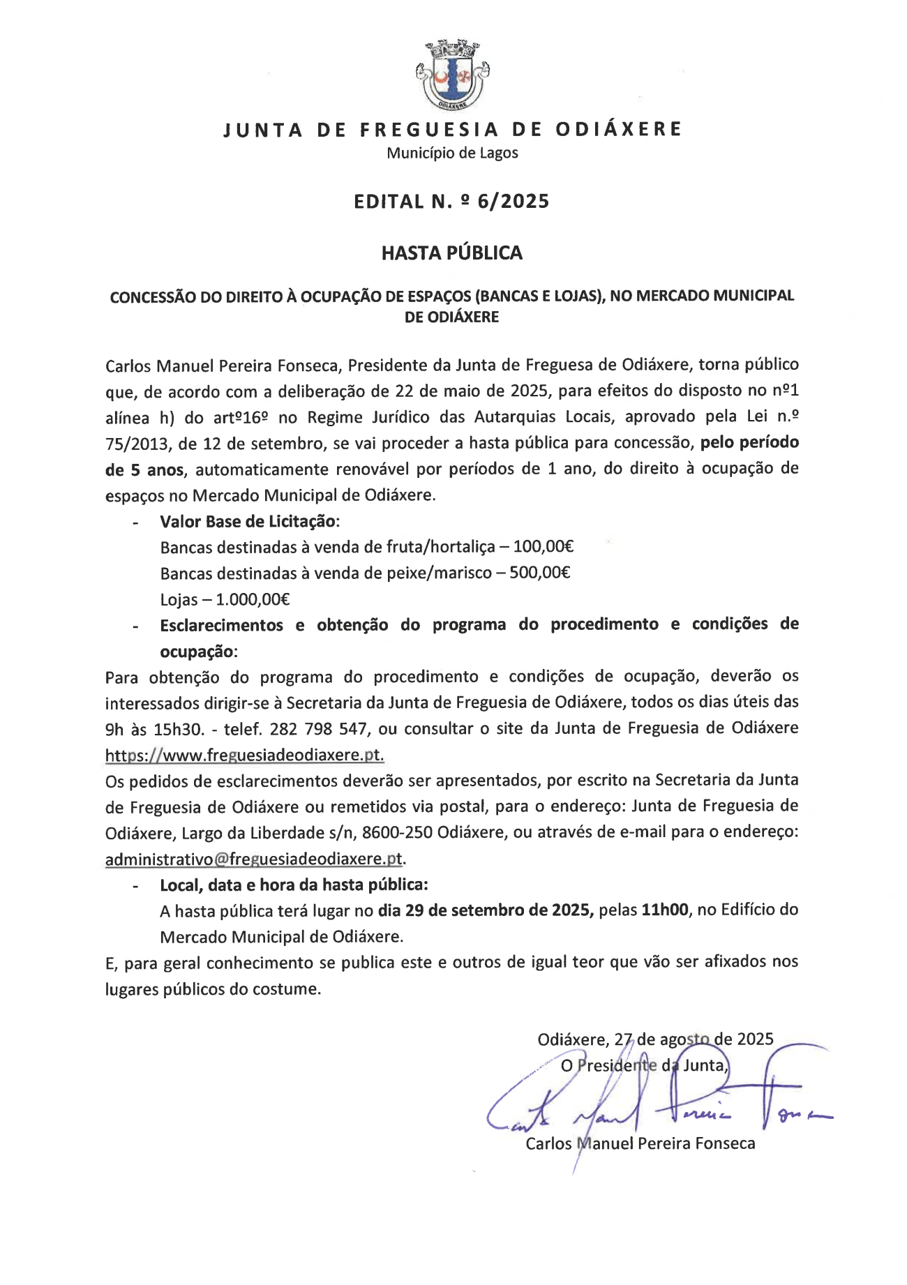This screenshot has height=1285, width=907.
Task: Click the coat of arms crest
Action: click(452, 75)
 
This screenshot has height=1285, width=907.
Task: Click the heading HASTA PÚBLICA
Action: click(451, 253)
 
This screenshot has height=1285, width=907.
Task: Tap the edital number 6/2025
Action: click(514, 202)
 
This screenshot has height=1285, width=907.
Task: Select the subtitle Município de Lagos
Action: click(452, 153)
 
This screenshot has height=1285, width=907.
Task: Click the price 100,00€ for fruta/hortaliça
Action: click(543, 547)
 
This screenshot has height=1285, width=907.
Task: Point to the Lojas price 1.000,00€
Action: click(253, 599)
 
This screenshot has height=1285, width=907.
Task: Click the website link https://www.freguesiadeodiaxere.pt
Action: click(244, 755)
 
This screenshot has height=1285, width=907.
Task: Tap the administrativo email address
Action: click(254, 859)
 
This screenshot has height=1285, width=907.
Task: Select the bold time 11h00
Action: click(664, 910)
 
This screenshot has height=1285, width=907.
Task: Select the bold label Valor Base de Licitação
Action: click(248, 521)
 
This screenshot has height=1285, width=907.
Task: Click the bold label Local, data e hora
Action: click(293, 885)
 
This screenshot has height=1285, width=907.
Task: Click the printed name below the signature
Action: click(640, 1143)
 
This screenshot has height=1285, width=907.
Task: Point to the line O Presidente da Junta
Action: click(644, 1065)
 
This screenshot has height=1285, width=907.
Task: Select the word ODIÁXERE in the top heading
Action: click(617, 130)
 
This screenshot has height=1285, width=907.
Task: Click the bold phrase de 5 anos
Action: click(144, 470)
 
